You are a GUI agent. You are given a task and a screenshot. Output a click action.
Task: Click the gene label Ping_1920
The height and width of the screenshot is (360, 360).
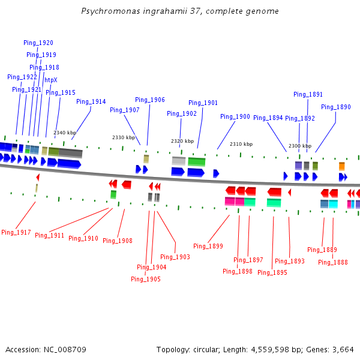(x=38, y=43)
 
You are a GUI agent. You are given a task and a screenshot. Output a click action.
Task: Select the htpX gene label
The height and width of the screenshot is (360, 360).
(x=51, y=80)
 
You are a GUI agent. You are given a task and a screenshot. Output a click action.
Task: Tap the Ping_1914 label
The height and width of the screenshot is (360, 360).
(x=91, y=101)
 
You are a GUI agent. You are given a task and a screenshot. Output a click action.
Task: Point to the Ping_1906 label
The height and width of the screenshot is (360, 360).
(x=150, y=100)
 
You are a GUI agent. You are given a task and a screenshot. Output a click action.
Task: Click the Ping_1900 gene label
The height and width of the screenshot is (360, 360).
(x=235, y=116)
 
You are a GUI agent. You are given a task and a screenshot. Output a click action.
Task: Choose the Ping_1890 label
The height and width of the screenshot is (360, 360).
(x=336, y=107)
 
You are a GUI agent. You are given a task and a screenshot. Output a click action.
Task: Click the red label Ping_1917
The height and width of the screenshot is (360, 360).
(x=16, y=232)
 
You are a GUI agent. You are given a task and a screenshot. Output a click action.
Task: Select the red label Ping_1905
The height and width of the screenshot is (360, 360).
(x=146, y=279)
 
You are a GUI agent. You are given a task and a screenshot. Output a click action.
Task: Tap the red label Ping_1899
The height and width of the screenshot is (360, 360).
(x=208, y=246)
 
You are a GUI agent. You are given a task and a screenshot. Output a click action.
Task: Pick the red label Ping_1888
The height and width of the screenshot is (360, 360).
(x=333, y=262)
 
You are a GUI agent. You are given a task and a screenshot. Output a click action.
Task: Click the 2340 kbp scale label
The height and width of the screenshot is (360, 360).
(x=65, y=133)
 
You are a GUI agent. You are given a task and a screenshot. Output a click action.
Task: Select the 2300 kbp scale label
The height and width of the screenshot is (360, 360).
(x=300, y=146)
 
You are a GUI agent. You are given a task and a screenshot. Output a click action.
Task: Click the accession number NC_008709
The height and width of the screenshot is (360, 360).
(x=65, y=349)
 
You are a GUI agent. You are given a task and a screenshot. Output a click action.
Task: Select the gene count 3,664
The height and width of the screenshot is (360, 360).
(x=342, y=349)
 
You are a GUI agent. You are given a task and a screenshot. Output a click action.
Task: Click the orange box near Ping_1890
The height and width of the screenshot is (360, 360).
(x=341, y=166)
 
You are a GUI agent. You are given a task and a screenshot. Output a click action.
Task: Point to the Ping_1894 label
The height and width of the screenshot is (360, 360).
(x=268, y=118)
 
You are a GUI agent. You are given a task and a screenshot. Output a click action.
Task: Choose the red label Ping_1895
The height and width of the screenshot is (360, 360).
(x=272, y=272)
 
